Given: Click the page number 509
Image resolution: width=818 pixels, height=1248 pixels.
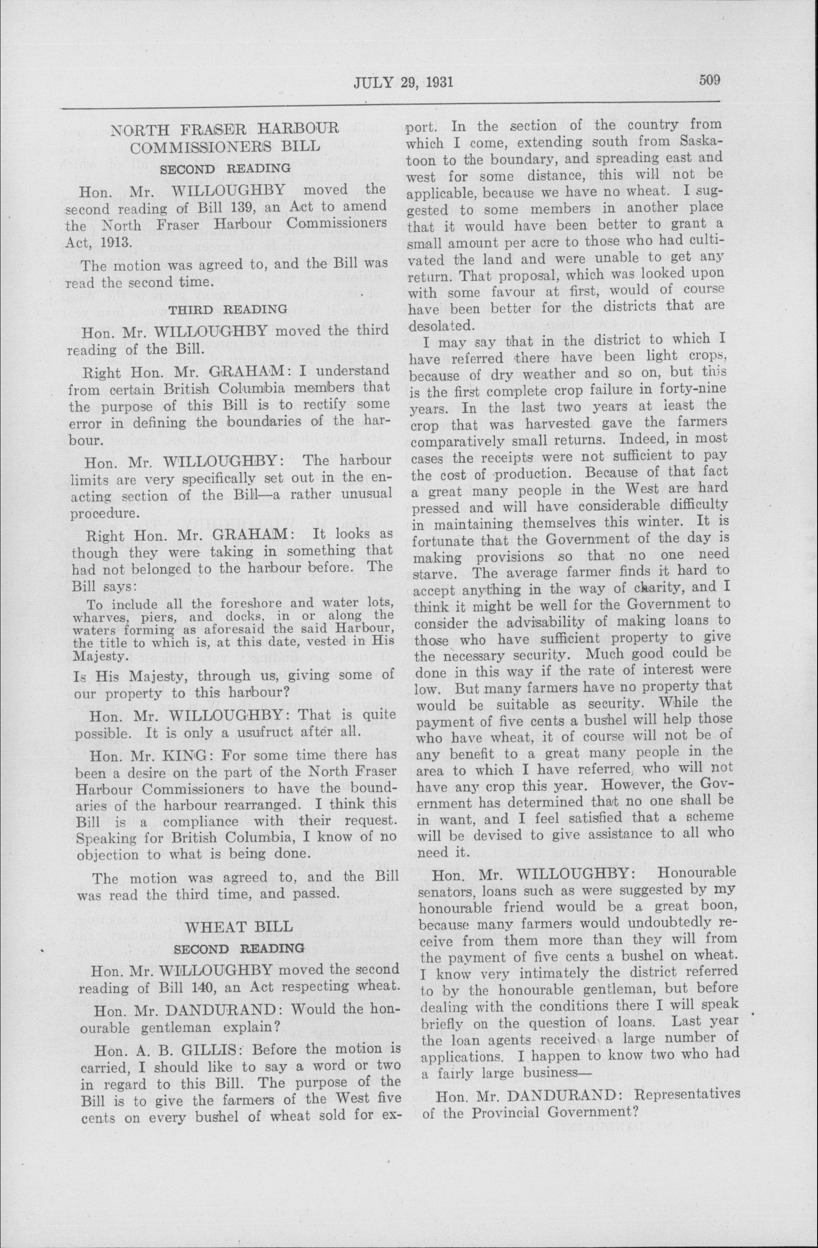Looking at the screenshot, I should [x=710, y=80].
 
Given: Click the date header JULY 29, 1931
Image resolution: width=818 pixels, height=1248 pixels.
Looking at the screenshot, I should [x=403, y=82].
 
